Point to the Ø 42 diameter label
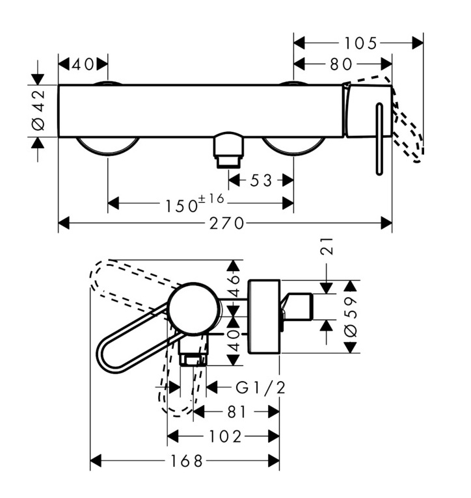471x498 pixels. tap(38, 110)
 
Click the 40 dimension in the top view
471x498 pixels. tap(83, 64)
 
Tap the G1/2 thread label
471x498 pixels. tap(260, 388)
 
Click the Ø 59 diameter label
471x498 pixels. tap(351, 317)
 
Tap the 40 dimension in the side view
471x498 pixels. tap(234, 339)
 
